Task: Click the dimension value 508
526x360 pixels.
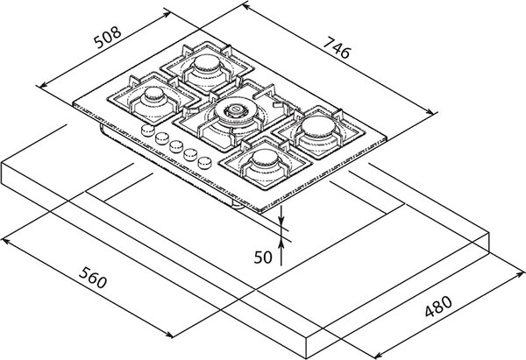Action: pos(107,37)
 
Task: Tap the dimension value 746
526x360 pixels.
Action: pos(338,47)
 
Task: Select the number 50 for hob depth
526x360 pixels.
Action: pos(263,258)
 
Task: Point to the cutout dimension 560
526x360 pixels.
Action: pos(93,278)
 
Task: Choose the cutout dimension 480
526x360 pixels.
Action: pos(438,307)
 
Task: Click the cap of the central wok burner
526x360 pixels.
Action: pos(236,109)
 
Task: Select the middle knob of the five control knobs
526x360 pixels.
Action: pos(176,145)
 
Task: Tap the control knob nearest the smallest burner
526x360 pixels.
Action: pos(147,130)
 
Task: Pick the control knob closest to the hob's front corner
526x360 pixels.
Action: pos(204,163)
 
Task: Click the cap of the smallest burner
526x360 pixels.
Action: pos(154,94)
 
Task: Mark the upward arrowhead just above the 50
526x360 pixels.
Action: pos(281,245)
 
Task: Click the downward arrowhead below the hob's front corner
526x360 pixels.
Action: pos(281,219)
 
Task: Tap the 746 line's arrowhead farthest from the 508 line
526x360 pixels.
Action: pos(432,111)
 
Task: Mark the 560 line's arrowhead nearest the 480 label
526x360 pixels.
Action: pos(168,335)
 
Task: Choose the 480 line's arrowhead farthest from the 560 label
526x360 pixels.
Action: pos(518,275)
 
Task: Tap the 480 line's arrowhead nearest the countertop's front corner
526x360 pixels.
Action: pos(379,356)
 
